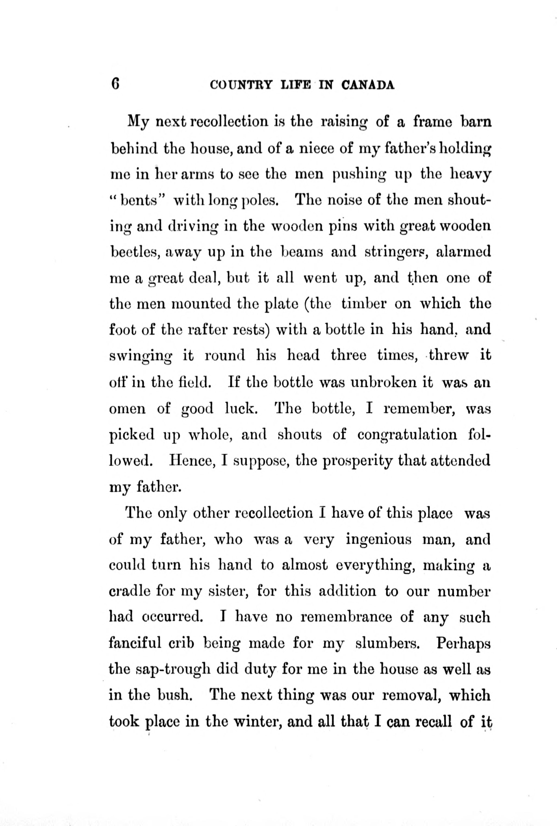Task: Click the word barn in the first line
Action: pyautogui.click(x=476, y=122)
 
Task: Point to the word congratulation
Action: pyautogui.click(x=407, y=435)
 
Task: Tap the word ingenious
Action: pyautogui.click(x=378, y=540)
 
